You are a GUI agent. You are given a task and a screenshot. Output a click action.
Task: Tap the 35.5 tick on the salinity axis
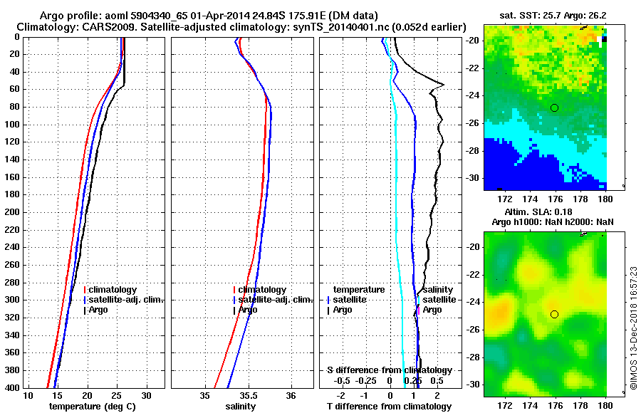pyautogui.click(x=248, y=395)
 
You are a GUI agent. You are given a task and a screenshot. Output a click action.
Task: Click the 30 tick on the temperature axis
pyautogui.click(x=146, y=395)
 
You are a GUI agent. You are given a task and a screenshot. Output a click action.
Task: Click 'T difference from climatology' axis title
pyautogui.click(x=389, y=407)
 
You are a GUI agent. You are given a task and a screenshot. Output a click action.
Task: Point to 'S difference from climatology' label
pyautogui.click(x=389, y=370)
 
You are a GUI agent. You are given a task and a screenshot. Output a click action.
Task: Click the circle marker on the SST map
pyautogui.click(x=554, y=108)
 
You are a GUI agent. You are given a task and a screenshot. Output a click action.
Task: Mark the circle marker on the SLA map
pyautogui.click(x=554, y=314)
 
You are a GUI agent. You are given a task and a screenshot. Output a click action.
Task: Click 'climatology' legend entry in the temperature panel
pyautogui.click(x=113, y=290)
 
